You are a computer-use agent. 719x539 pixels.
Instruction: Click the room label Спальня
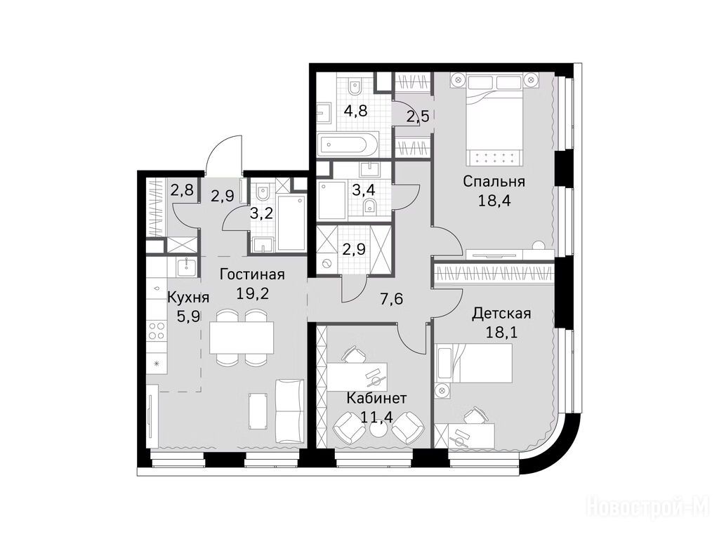click(494, 182)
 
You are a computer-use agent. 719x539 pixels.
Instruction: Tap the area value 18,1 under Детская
click(501, 332)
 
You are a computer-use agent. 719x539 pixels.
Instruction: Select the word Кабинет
click(376, 398)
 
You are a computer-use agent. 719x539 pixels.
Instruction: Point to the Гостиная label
click(252, 274)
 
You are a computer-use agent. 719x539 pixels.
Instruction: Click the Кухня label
click(188, 298)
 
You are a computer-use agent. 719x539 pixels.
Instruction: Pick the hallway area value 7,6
click(391, 299)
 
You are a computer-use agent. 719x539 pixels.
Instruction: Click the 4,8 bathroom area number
click(355, 112)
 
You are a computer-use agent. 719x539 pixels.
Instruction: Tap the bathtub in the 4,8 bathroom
click(348, 144)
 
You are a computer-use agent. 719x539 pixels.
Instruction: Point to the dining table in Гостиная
click(242, 338)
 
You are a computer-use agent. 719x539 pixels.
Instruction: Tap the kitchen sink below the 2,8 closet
click(187, 266)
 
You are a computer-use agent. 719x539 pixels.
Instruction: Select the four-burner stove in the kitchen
click(157, 331)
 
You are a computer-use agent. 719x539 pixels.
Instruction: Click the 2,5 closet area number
click(418, 117)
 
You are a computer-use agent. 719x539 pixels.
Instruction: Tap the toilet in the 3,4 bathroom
click(369, 206)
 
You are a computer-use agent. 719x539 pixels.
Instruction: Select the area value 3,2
click(262, 213)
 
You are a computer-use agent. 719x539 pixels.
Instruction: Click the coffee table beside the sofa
click(258, 411)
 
